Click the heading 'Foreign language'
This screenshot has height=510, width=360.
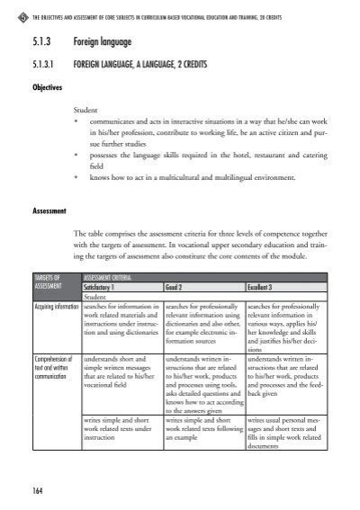(x=105, y=41)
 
